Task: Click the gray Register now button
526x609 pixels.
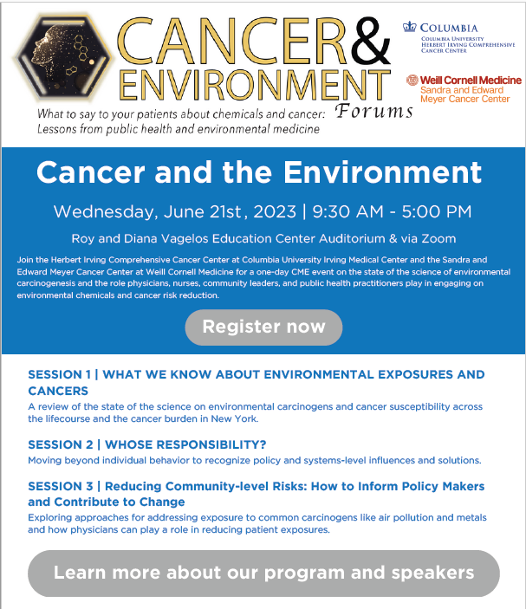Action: click(x=263, y=327)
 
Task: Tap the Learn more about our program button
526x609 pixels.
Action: click(x=263, y=573)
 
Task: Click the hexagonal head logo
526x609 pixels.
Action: click(x=63, y=57)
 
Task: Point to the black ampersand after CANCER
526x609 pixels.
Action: click(x=370, y=42)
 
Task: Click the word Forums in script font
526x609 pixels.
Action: click(x=373, y=112)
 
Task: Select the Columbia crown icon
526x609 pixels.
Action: click(x=410, y=27)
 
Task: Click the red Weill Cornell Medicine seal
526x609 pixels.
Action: click(x=412, y=80)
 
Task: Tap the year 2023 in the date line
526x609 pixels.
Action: click(x=275, y=211)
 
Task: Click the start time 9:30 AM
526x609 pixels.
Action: click(x=347, y=211)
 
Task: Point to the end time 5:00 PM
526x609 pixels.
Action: click(x=437, y=211)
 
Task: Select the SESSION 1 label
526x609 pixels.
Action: click(x=60, y=374)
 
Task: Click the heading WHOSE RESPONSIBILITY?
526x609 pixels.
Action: click(x=185, y=444)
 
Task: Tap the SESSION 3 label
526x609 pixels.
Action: click(x=61, y=486)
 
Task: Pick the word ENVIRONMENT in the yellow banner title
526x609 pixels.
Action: click(x=255, y=85)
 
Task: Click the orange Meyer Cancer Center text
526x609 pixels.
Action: click(x=464, y=99)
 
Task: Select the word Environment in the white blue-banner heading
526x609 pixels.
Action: click(x=383, y=172)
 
